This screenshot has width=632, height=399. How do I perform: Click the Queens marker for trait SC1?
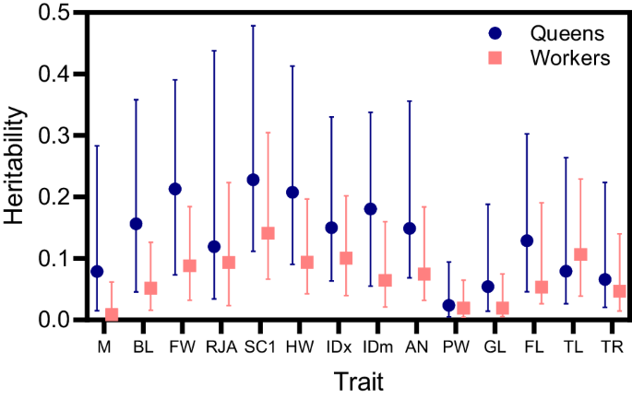(x=253, y=180)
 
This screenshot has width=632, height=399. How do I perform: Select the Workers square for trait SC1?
(x=268, y=233)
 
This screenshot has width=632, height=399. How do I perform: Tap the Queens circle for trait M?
(x=97, y=271)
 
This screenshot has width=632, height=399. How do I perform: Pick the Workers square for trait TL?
(x=581, y=254)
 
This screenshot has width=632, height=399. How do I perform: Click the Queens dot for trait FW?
(x=175, y=189)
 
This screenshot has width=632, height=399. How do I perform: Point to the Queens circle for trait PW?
(x=448, y=305)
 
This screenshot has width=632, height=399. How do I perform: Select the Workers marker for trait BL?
(x=150, y=288)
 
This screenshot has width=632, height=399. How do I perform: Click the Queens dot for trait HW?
(x=292, y=193)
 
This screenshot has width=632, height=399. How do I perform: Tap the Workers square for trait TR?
(x=620, y=291)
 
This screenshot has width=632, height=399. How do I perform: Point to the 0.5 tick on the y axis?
(x=62, y=12)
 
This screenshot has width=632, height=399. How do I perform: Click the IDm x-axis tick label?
(x=378, y=346)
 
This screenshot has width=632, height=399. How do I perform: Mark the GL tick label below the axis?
(x=495, y=346)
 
